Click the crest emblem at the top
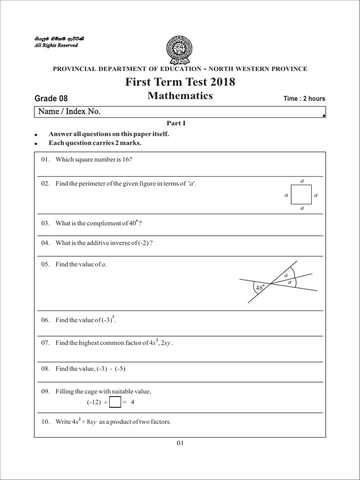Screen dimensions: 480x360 pos(180,49)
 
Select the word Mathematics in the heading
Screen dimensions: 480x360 pos(180,96)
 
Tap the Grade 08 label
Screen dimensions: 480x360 pos(51,98)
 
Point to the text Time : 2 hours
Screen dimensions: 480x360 pos(304,98)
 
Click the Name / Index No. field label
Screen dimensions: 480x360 pos(69,112)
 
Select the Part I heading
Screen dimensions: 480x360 pos(180,123)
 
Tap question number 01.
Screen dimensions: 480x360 pos(45,159)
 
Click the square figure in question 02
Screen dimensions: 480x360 pos(301,194)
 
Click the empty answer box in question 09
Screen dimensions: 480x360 pos(114,402)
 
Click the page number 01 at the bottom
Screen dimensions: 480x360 pos(180,443)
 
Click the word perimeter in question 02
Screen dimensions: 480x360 pos(92,184)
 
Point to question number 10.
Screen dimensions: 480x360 pos(45,422)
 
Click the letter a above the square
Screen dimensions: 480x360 pos(302,180)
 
